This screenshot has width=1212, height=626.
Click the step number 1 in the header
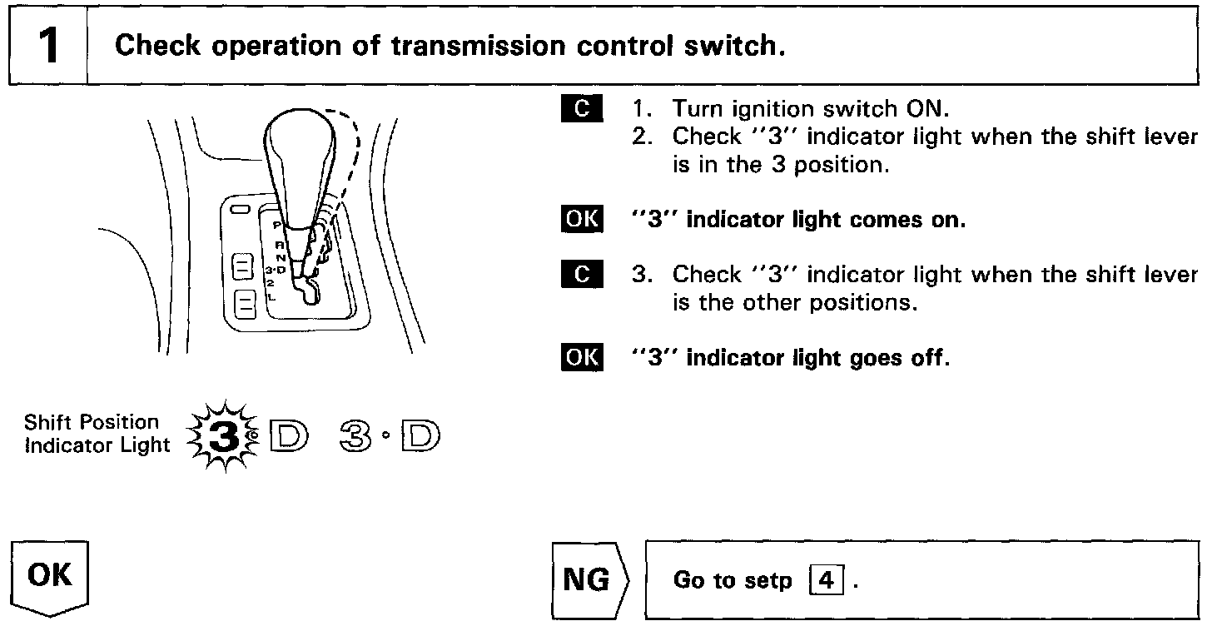[48, 46]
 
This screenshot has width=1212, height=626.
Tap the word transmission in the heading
[449, 46]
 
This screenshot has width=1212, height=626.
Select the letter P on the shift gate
[276, 226]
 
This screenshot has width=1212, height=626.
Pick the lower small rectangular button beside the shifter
[245, 303]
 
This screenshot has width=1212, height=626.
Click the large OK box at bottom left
[50, 576]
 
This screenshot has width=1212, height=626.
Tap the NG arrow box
[589, 579]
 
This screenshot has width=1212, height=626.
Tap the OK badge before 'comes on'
[580, 220]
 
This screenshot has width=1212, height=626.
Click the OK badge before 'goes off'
[580, 358]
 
